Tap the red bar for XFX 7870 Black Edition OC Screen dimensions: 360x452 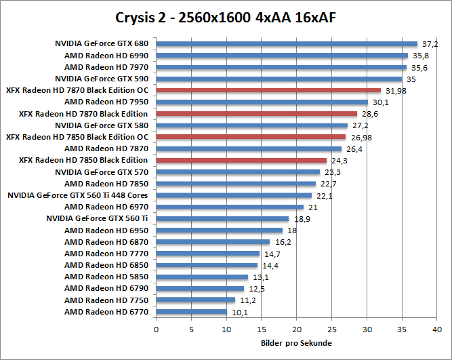coord(268,90)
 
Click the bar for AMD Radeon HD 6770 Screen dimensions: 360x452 coord(192,312)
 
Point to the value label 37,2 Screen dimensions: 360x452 coord(430,44)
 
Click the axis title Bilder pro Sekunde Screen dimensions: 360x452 coord(296,343)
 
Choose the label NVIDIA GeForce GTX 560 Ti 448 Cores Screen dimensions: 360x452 coord(78,195)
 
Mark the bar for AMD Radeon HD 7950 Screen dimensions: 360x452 coord(262,102)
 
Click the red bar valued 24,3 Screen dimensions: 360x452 coord(241,160)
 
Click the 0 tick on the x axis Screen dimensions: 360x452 coord(157,331)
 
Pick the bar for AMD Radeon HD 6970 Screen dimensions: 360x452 coord(230,207)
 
